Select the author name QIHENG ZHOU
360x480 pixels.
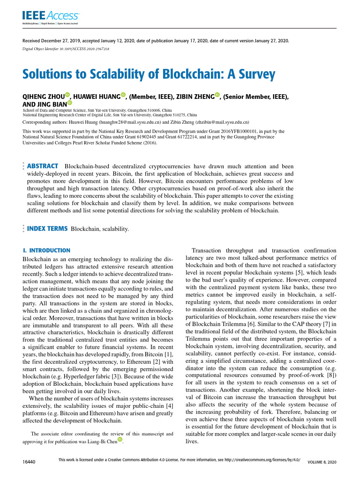click(44, 97)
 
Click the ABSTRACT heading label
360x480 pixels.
click(43, 166)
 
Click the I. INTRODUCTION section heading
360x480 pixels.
click(46, 251)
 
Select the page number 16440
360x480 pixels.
click(30, 462)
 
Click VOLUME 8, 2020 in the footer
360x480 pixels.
click(322, 462)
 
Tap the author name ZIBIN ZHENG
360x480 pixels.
click(195, 97)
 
